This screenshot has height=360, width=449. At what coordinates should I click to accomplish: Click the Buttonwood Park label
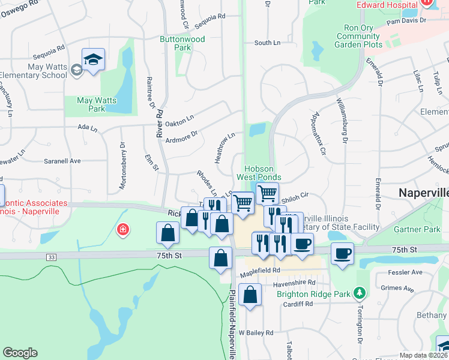182,43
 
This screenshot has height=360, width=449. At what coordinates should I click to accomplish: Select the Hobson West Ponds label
259,173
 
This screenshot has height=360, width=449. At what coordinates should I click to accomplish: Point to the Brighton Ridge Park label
313,294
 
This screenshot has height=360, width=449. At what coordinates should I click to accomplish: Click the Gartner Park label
417,229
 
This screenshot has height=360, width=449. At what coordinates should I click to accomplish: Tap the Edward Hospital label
387,5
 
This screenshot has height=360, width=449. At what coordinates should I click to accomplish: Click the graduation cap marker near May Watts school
93,60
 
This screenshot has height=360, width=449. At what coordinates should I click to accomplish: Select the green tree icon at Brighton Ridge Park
360,293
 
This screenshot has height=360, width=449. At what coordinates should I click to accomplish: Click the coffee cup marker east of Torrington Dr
342,253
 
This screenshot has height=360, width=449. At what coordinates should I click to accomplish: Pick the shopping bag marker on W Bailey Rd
250,295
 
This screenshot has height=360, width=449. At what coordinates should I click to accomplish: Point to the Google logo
20,353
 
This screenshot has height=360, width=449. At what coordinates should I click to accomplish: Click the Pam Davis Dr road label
406,20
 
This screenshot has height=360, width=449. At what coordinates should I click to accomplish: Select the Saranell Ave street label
62,161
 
